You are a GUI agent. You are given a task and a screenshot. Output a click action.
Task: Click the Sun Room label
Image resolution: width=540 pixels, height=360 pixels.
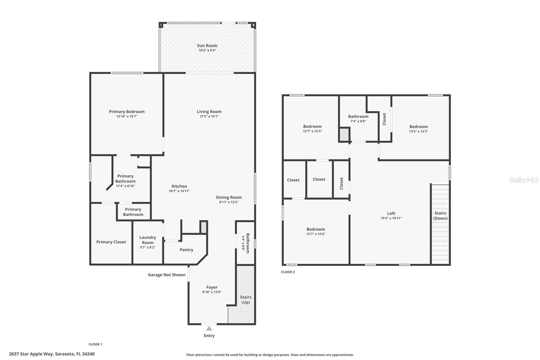click(x=207, y=46)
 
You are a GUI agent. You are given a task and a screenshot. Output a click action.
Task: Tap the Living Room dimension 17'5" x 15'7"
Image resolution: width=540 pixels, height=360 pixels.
click(x=209, y=117)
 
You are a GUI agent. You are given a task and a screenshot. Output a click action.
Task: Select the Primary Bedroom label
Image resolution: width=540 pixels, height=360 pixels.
click(x=127, y=112)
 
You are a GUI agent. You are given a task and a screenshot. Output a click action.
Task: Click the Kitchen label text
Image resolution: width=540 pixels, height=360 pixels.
click(x=179, y=186)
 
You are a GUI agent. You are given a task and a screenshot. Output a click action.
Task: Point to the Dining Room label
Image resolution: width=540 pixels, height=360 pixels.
click(x=229, y=197)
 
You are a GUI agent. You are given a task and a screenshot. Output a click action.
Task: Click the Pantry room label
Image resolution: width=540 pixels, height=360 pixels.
click(x=186, y=250)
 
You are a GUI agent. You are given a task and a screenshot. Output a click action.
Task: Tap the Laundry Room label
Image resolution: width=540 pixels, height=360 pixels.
click(x=147, y=240)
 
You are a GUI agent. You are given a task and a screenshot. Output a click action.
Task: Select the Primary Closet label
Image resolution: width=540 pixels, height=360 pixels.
click(x=111, y=242)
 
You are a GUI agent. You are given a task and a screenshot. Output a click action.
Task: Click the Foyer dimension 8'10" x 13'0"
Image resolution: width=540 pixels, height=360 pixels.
click(x=212, y=292)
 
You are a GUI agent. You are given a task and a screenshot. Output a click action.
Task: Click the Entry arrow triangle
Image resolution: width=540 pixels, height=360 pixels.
click(x=209, y=328)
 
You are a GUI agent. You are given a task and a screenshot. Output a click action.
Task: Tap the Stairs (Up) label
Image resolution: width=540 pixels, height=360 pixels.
click(x=246, y=300)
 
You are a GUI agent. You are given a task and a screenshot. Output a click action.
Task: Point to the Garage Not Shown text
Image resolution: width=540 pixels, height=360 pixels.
click(x=166, y=275)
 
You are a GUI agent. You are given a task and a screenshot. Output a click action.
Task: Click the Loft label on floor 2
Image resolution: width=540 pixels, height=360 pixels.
click(x=391, y=213)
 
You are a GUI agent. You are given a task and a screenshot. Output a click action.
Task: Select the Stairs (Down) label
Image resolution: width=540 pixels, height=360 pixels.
click(x=440, y=215)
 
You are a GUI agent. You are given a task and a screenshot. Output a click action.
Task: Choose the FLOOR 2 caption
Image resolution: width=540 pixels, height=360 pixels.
click(x=288, y=272)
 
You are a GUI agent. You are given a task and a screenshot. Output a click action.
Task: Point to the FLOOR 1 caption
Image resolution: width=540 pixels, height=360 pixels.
click(x=95, y=344)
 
